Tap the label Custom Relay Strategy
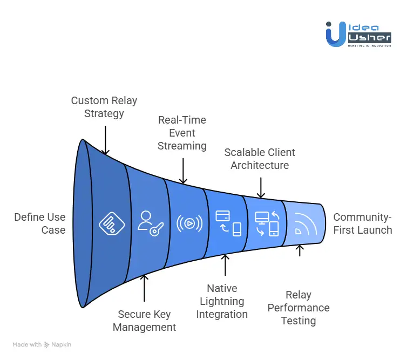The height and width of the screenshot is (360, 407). (x=104, y=107)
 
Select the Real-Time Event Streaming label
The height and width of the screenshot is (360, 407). (x=182, y=133)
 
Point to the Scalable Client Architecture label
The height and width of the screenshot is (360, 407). (x=260, y=159)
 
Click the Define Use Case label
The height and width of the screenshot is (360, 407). (x=39, y=223)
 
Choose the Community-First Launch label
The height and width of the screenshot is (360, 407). (x=362, y=223)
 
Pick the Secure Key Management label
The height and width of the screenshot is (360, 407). (x=144, y=321)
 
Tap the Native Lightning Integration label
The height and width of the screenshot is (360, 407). (x=222, y=301)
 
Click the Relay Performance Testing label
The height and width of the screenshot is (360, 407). (x=299, y=308)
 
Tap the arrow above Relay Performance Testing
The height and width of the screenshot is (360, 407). (x=300, y=250)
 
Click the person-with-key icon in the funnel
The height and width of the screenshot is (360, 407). (x=150, y=223)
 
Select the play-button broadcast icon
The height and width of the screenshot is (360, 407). (x=189, y=223)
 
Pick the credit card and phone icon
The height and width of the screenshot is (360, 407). (x=228, y=223)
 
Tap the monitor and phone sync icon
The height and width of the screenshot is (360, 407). (x=267, y=223)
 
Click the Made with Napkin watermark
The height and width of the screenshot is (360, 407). (x=42, y=344)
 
